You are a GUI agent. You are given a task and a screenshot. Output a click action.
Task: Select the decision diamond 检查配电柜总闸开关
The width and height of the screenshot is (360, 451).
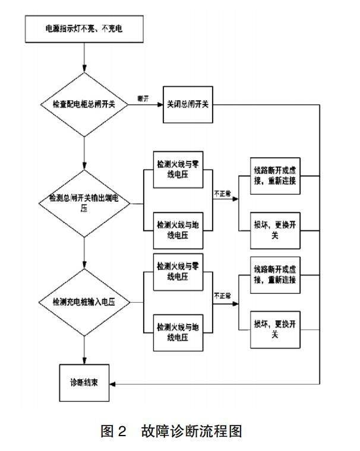[85, 104]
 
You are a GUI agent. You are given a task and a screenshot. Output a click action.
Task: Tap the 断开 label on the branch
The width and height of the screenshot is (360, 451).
[143, 97]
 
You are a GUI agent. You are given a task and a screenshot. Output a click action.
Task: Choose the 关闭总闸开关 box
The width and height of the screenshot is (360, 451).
[188, 104]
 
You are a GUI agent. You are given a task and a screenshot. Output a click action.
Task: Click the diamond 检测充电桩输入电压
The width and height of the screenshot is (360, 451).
[85, 302]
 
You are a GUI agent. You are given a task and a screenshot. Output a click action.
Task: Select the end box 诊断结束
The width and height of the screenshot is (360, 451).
[85, 382]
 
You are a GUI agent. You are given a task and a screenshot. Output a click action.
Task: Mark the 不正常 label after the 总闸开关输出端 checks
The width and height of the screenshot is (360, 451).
[222, 193]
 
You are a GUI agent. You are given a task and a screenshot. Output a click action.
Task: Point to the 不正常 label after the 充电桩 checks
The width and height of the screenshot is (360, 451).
[222, 294]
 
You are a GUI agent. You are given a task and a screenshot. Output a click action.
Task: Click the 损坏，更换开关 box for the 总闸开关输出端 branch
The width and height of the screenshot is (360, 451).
[274, 231]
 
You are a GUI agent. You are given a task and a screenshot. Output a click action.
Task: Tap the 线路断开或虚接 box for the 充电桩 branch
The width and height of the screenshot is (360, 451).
[274, 275]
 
